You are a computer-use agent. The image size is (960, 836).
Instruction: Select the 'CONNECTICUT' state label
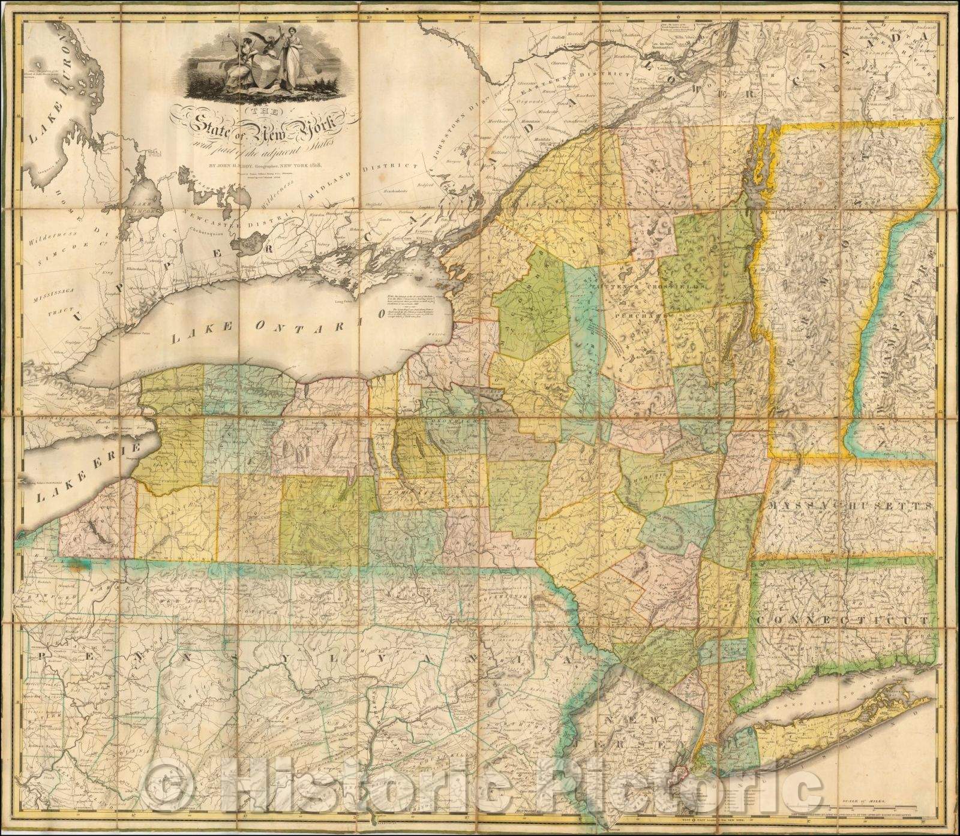[846, 618]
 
